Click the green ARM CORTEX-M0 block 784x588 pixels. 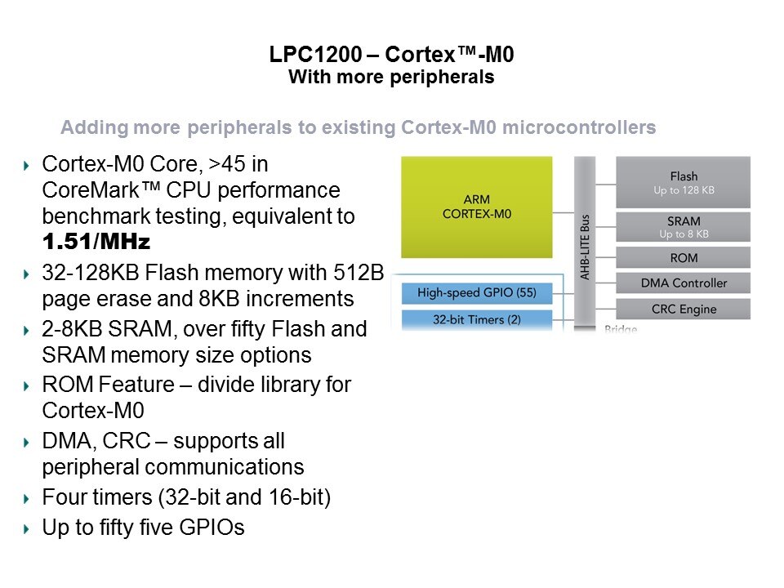tap(476, 207)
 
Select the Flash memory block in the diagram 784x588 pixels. tap(683, 182)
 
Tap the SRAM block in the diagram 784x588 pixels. tap(683, 226)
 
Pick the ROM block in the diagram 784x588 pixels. tap(683, 258)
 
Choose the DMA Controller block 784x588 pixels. tap(683, 283)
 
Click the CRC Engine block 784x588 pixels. tap(683, 309)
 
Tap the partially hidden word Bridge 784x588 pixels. tap(621, 329)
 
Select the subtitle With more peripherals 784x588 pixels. tap(391, 78)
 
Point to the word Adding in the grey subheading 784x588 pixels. tap(90, 128)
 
